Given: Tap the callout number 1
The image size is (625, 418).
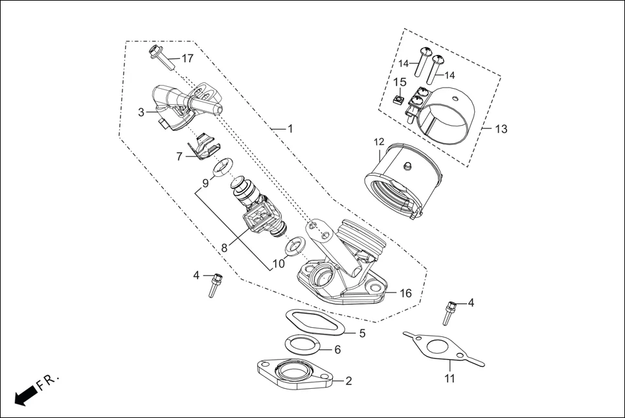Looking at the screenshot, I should (290, 129).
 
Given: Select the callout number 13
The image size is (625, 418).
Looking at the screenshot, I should (501, 129).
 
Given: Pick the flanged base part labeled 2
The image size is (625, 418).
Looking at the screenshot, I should (295, 376).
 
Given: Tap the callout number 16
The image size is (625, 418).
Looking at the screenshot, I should (405, 294).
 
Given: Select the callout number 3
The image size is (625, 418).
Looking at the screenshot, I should (141, 112).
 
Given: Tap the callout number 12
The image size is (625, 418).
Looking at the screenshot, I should (379, 141).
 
